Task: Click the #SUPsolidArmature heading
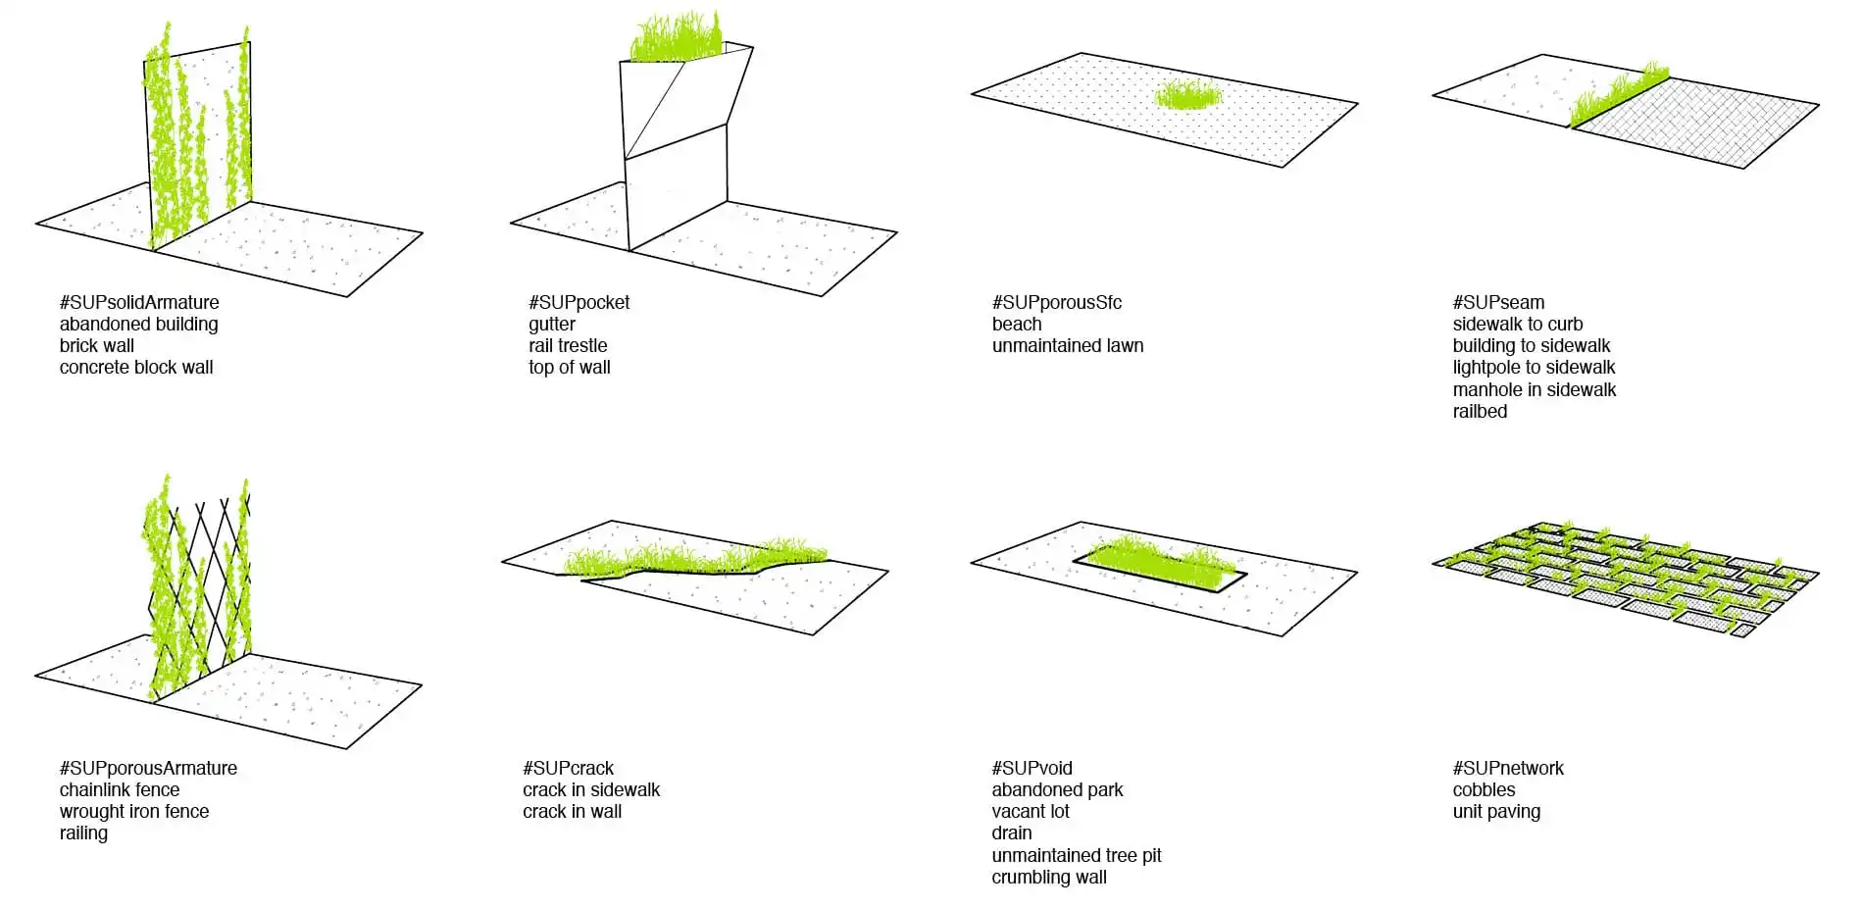pyautogui.click(x=139, y=302)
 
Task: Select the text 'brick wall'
pyautogui.click(x=97, y=345)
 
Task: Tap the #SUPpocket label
pyautogui.click(x=579, y=303)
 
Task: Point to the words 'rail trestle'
pyautogui.click(x=568, y=345)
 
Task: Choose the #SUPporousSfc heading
pyautogui.click(x=1056, y=303)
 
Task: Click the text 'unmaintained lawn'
pyautogui.click(x=1068, y=345)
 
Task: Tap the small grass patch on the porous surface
pyautogui.click(x=1188, y=96)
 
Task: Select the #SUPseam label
pyautogui.click(x=1498, y=303)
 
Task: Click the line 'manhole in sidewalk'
pyautogui.click(x=1535, y=389)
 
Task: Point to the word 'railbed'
pyautogui.click(x=1480, y=411)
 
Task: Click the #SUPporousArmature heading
pyautogui.click(x=148, y=769)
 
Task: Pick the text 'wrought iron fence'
pyautogui.click(x=134, y=811)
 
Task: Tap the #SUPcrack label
pyautogui.click(x=568, y=769)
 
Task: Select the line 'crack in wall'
pyautogui.click(x=572, y=811)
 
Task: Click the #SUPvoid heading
pyautogui.click(x=1032, y=769)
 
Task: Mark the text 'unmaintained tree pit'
pyautogui.click(x=1076, y=855)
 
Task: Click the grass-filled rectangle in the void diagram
pyautogui.click(x=1160, y=565)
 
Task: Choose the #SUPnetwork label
pyautogui.click(x=1508, y=769)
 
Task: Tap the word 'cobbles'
pyautogui.click(x=1484, y=789)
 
